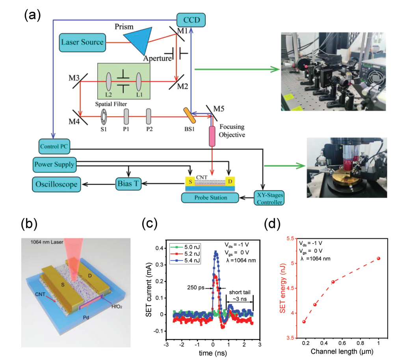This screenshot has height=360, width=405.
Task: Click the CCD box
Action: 191,19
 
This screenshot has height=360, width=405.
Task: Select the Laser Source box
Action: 82,42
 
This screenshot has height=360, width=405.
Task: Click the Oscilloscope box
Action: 56,184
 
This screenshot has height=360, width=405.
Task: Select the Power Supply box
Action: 54,164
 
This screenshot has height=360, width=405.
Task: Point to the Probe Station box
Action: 210,198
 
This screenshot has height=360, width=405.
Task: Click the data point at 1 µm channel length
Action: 378,258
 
